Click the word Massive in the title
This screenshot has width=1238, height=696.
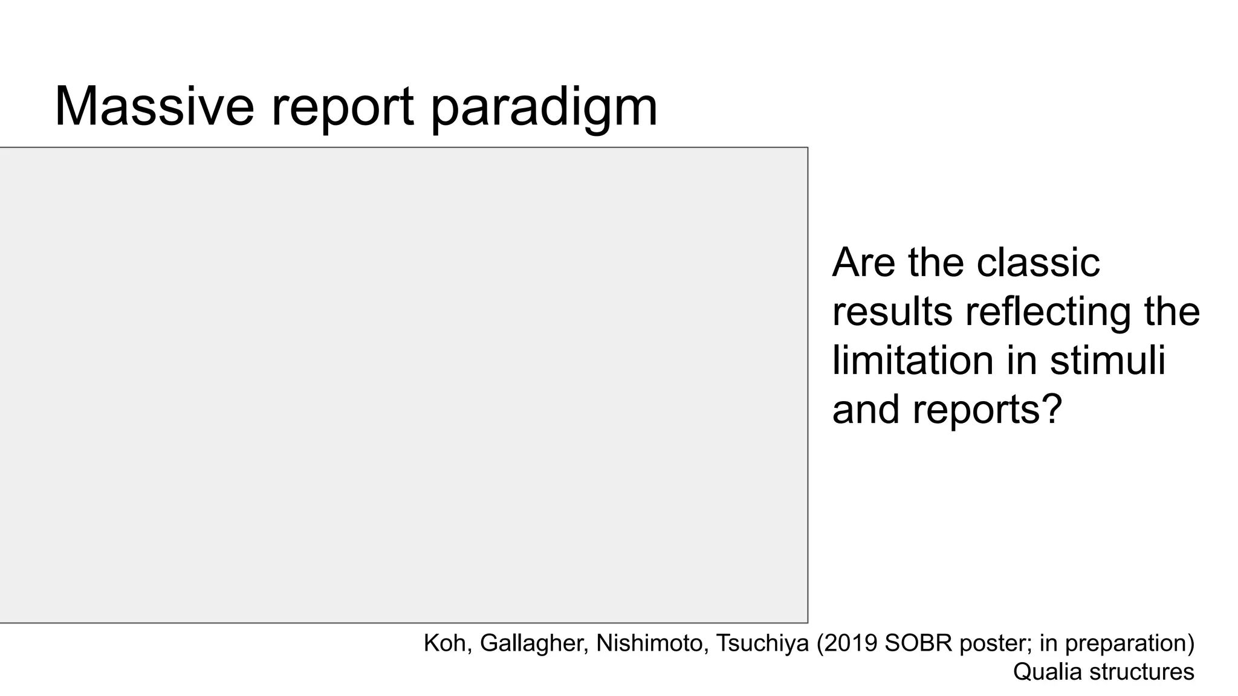154,107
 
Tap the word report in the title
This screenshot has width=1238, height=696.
342,107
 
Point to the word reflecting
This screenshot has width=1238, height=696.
1048,312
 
